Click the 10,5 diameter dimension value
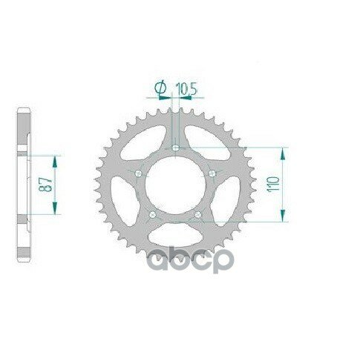coord(186,88)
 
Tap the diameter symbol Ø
coord(160,88)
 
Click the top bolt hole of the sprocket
coord(175,148)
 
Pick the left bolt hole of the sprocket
coord(138,173)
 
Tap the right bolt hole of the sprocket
coord(212,173)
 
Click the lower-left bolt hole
coord(152,214)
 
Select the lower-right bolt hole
coord(197,214)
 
